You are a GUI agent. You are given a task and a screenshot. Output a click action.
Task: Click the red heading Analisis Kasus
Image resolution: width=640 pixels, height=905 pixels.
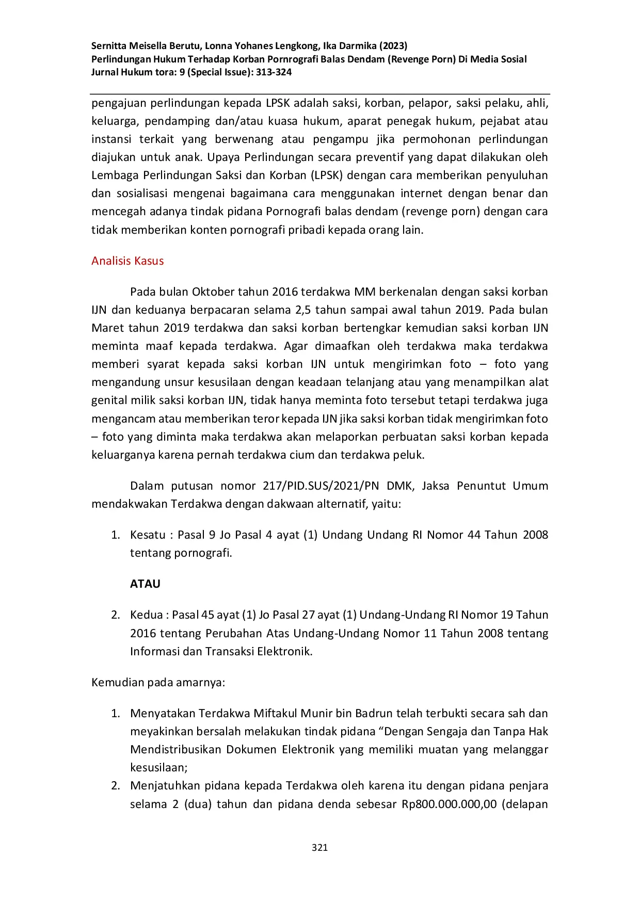[127, 261]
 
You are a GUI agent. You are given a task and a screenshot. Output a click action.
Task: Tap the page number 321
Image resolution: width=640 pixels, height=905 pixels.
[319, 847]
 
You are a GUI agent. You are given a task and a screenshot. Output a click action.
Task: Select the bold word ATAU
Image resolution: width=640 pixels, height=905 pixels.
[145, 584]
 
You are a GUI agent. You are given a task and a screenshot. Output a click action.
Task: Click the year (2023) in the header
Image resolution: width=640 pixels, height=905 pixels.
[393, 45]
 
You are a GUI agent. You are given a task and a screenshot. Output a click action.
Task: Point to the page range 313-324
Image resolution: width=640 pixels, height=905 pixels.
[274, 72]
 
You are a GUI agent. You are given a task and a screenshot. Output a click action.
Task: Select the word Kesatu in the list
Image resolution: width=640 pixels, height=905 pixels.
[148, 535]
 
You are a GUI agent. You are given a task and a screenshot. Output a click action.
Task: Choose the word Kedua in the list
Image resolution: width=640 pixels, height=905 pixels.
[146, 615]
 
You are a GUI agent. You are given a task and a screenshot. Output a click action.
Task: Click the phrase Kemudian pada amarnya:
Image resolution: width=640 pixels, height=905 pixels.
[158, 682]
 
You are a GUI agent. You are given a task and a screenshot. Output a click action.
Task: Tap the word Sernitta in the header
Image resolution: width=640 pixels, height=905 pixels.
[109, 45]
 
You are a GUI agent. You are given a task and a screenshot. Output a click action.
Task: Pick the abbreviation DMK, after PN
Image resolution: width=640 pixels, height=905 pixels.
[399, 486]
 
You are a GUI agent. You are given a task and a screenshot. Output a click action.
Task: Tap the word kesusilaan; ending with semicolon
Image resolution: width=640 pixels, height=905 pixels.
[158, 767]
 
